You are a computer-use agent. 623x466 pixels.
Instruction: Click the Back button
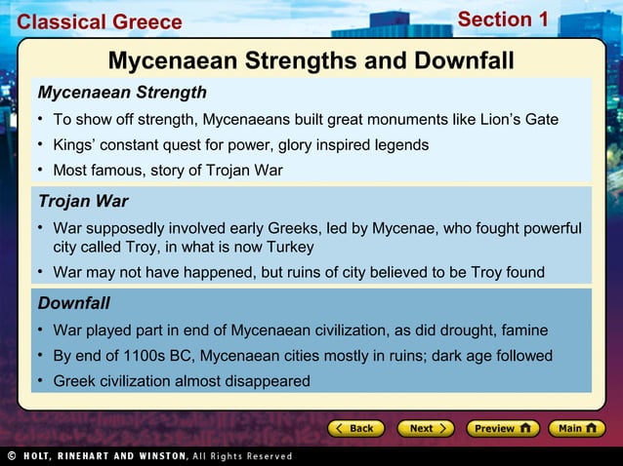(x=355, y=428)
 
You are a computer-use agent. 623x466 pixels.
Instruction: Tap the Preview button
(x=501, y=428)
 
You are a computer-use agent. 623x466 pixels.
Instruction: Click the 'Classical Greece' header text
(x=100, y=21)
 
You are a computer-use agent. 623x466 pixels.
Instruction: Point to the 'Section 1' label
(x=503, y=19)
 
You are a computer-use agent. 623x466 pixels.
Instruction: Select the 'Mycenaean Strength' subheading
(x=122, y=93)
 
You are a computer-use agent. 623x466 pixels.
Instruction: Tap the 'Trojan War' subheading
(x=83, y=202)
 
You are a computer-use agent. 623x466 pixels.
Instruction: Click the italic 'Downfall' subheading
(x=73, y=303)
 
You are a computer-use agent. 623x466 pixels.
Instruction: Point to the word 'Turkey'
(x=286, y=247)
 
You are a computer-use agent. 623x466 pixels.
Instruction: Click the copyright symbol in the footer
(x=10, y=455)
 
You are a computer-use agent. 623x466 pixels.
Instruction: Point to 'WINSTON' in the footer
(x=157, y=455)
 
